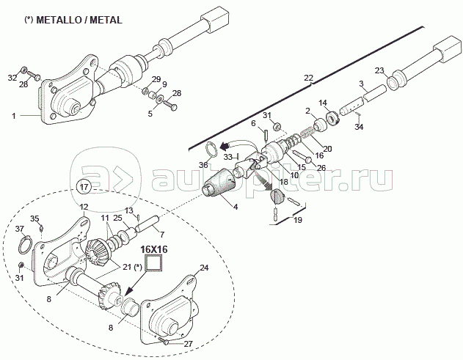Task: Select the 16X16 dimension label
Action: [155, 249]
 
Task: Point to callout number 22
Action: [307, 77]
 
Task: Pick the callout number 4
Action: [236, 207]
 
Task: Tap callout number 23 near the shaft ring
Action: [379, 70]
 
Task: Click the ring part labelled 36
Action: [211, 150]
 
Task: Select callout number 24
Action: [205, 268]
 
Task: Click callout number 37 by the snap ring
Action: [20, 229]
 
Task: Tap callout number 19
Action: [298, 219]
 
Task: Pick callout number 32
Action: [12, 77]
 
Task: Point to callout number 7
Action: [151, 235]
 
